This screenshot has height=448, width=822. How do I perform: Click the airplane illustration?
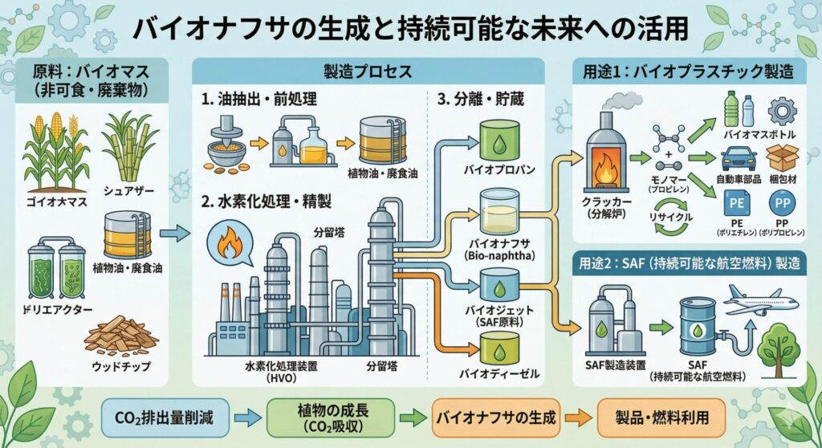click(759, 302)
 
